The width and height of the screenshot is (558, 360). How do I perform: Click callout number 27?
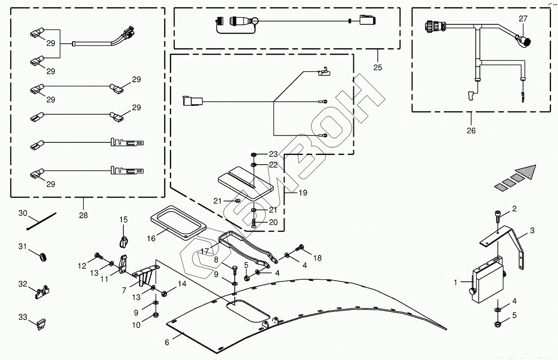523,19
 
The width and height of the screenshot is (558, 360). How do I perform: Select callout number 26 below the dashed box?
471,130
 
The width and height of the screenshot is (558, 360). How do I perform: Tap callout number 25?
378,67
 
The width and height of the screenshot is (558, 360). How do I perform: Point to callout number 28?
83,215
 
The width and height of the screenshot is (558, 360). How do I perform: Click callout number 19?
303,193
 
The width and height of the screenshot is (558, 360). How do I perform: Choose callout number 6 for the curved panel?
167,342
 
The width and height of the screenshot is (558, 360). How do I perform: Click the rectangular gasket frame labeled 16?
178,221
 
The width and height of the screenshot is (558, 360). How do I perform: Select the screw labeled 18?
300,247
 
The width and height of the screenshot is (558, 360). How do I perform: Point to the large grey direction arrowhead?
526,172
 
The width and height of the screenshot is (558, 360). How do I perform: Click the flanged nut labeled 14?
164,292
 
